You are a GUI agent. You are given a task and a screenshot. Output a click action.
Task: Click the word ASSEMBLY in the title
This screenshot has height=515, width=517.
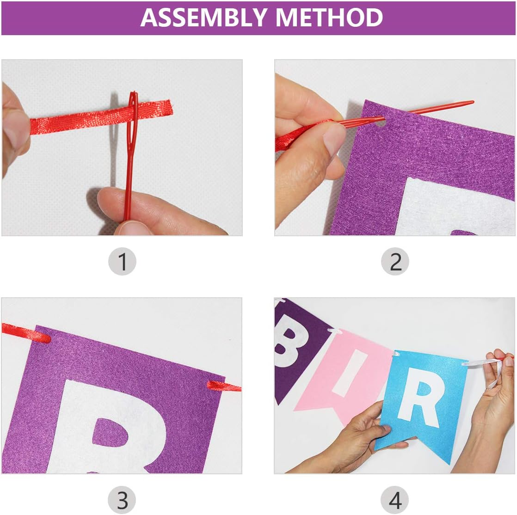(x=203, y=18)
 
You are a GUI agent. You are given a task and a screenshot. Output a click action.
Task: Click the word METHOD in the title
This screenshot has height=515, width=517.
(x=329, y=18)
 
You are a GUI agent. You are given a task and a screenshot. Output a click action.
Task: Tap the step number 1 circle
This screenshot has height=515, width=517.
(x=122, y=262)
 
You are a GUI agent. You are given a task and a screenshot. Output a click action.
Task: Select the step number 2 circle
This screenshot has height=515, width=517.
(x=395, y=262)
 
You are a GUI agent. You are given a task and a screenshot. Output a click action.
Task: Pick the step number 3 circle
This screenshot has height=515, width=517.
(x=122, y=500)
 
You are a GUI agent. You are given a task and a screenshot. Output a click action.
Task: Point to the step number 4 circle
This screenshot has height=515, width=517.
(x=394, y=500)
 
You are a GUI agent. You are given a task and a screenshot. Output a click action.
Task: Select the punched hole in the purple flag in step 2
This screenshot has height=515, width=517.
(x=381, y=123)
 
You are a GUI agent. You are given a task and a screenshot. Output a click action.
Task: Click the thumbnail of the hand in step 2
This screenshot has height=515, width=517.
(x=334, y=139)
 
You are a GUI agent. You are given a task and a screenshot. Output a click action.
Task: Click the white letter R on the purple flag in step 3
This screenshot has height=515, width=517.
(x=109, y=427)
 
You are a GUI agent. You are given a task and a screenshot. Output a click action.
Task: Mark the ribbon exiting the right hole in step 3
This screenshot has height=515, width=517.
(x=224, y=386)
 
